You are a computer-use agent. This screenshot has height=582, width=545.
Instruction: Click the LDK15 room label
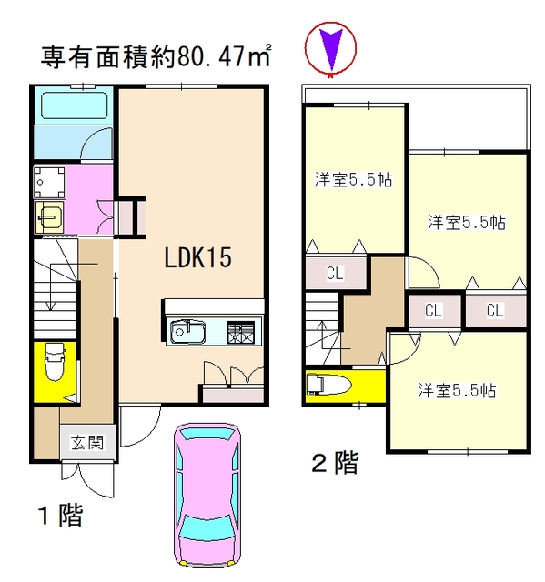point(198,257)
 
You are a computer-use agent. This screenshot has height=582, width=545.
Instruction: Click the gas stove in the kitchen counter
point(242,331)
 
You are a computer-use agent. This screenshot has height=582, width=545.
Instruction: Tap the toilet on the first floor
point(54,368)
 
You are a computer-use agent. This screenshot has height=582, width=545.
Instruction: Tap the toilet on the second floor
point(328,386)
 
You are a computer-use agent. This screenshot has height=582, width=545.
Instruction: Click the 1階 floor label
point(60,517)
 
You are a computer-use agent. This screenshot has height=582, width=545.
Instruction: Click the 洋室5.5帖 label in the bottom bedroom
point(457,391)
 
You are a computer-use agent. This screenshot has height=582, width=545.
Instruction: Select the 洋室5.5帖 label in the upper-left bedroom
point(354,180)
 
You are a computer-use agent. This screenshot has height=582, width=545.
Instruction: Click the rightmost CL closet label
point(495,310)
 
